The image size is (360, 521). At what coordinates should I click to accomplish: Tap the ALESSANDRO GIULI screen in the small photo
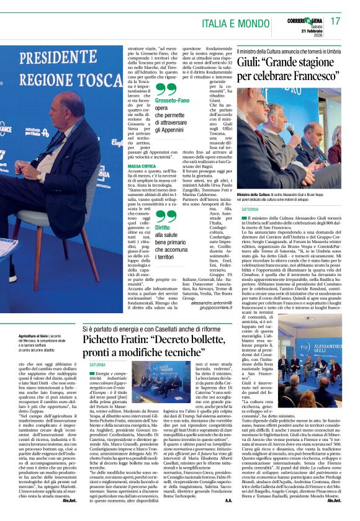click(323, 345)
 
